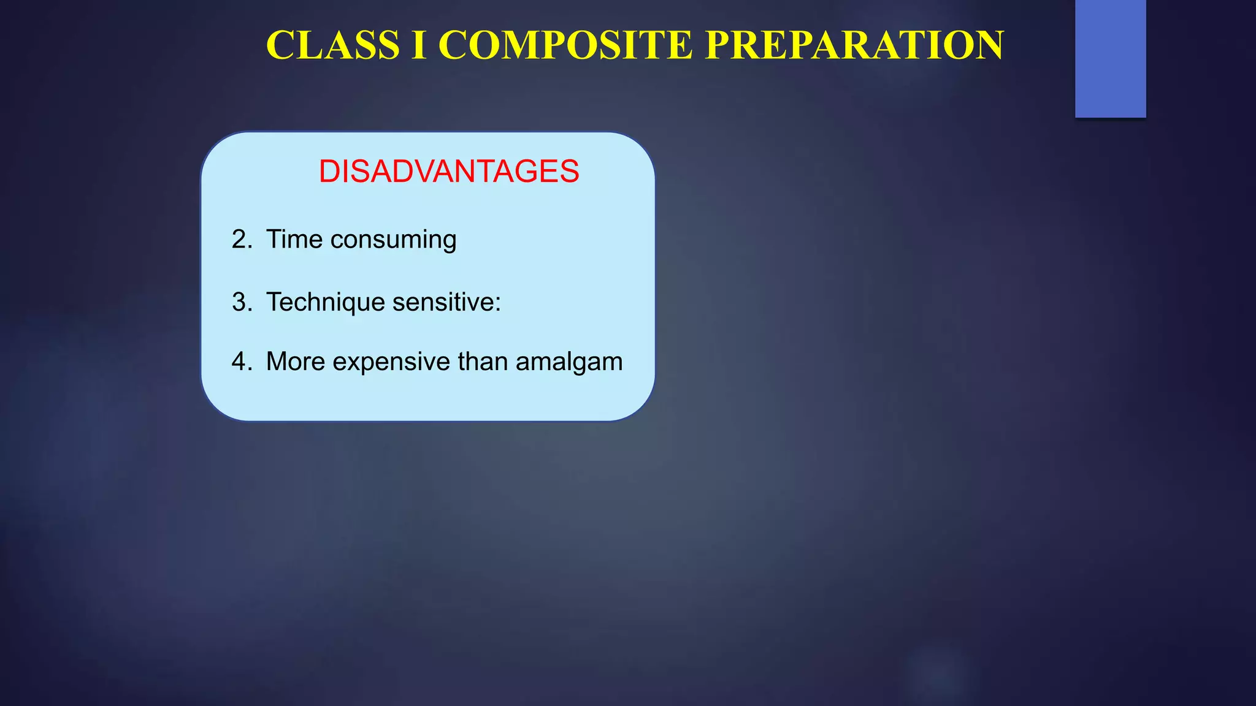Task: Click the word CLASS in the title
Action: [333, 45]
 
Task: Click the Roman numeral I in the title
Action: [419, 45]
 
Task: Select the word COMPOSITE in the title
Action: [565, 45]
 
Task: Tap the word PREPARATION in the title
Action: [854, 45]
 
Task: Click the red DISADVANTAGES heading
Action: [448, 171]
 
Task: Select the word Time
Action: [294, 239]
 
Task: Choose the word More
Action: [296, 362]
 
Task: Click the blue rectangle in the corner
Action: [1110, 58]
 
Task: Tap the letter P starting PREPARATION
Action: [719, 45]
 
